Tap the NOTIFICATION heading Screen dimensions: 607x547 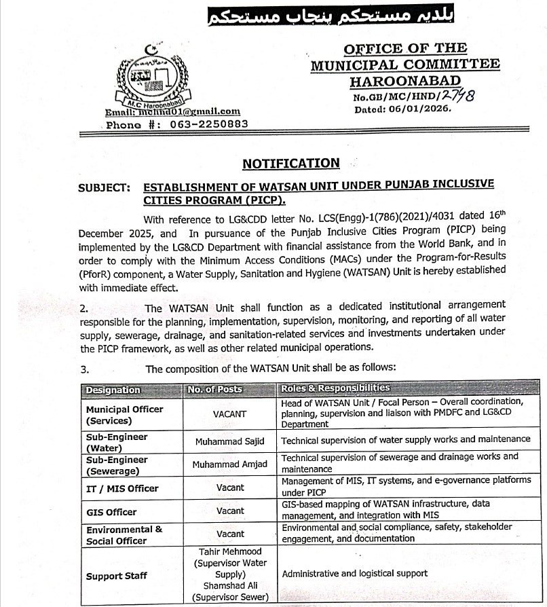pyautogui.click(x=290, y=163)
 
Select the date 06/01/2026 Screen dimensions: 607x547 pyautogui.click(x=421, y=108)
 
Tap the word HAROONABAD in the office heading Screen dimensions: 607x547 pyautogui.click(x=405, y=81)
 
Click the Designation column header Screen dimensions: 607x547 pyautogui.click(x=113, y=390)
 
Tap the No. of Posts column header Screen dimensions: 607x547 pyautogui.click(x=214, y=390)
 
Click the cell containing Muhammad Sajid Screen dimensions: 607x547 pyautogui.click(x=230, y=442)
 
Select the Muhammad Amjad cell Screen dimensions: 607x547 pyautogui.click(x=230, y=464)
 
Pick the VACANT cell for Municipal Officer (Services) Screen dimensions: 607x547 pyautogui.click(x=230, y=413)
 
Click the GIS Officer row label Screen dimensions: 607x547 pyautogui.click(x=111, y=512)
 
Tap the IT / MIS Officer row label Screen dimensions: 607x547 pyautogui.click(x=122, y=488)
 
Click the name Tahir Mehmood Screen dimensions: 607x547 pyautogui.click(x=230, y=551)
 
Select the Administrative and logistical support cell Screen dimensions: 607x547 pyautogui.click(x=354, y=574)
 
